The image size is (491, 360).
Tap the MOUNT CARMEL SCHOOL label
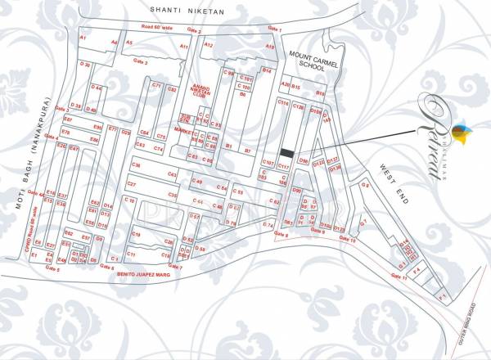click(x=308, y=61)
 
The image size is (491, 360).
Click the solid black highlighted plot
click(x=286, y=152)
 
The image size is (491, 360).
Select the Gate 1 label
click(x=274, y=30)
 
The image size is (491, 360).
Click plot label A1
click(x=82, y=38)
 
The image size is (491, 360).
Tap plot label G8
click(x=365, y=185)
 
